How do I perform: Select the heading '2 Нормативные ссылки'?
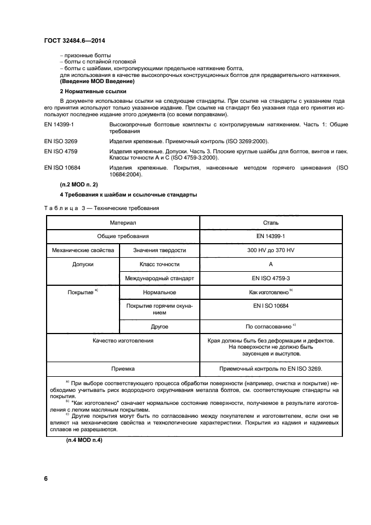93,91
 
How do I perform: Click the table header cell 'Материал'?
122,223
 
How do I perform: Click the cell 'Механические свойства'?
83,250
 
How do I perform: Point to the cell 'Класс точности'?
159,264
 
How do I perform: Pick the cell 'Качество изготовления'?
122,340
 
